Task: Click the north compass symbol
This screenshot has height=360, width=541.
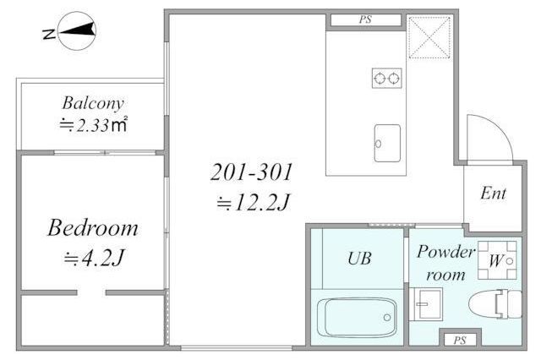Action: point(77,30)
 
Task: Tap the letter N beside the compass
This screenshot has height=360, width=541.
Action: point(49,34)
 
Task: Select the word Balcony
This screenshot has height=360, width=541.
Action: point(93,103)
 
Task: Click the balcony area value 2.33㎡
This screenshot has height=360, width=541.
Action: point(93,125)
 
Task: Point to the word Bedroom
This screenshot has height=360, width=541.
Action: point(93,228)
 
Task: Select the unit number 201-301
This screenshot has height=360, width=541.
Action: point(252,172)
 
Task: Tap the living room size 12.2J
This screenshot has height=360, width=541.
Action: point(253,203)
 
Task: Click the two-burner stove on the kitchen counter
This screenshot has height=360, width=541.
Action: point(387,79)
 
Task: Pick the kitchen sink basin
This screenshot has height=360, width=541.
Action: point(387,143)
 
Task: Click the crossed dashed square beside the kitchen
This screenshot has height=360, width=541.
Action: point(429,36)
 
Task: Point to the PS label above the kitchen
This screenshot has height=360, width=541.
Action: point(365,19)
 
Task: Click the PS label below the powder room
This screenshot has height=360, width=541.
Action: point(460,341)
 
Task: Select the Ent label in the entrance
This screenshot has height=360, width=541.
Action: point(493,194)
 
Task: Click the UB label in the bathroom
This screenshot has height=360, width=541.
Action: point(359,259)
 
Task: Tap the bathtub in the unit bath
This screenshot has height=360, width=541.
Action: point(357,318)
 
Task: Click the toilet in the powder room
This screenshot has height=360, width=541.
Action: point(495,304)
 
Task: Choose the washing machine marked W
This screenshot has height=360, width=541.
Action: point(497,260)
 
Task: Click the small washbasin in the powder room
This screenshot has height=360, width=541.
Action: point(426,303)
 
